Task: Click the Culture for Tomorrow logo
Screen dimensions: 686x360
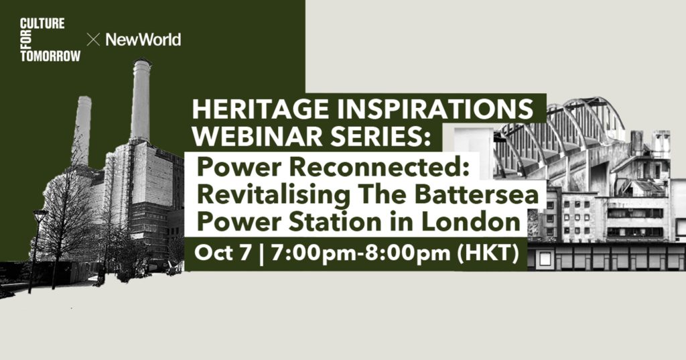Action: [x=50, y=40]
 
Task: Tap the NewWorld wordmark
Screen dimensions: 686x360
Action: [x=143, y=40]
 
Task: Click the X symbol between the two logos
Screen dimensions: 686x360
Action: [x=93, y=40]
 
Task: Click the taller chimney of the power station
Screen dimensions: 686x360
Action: [x=141, y=101]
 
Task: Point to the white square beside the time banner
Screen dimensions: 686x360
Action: [x=545, y=259]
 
